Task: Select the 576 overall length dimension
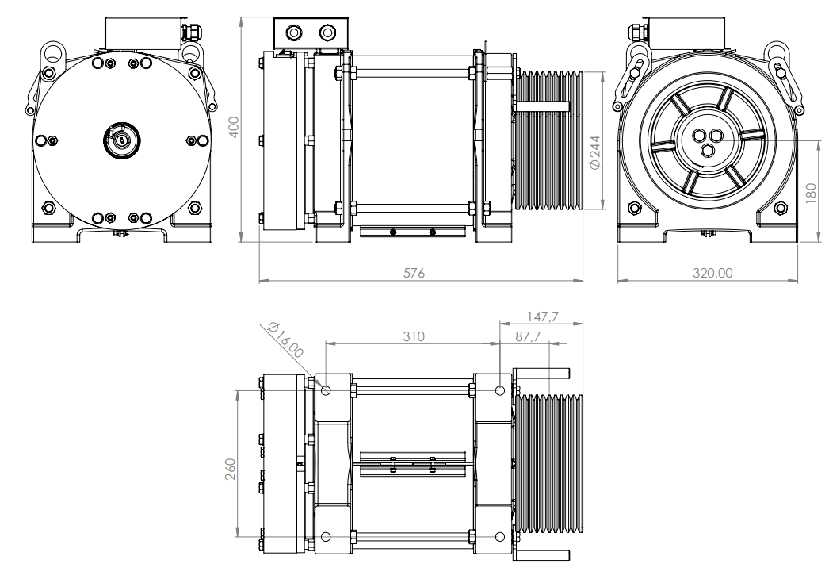414,273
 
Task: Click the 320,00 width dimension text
712,273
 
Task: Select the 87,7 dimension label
527,336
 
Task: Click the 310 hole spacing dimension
413,336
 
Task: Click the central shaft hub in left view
120,140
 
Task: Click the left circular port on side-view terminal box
293,33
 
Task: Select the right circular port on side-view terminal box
327,33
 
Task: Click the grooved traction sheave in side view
549,141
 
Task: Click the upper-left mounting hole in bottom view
326,389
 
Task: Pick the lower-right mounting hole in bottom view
499,537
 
